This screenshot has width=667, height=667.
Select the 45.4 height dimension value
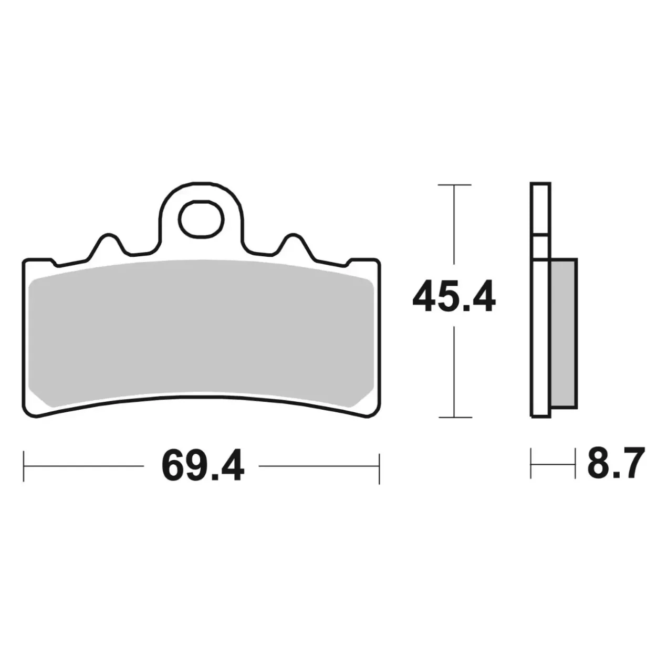tap(454, 297)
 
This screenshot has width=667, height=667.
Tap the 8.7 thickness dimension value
tap(616, 463)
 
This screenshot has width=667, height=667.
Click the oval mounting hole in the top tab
tap(201, 220)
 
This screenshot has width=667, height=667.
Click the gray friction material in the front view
tap(201, 333)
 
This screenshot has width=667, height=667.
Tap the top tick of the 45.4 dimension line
tap(454, 185)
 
